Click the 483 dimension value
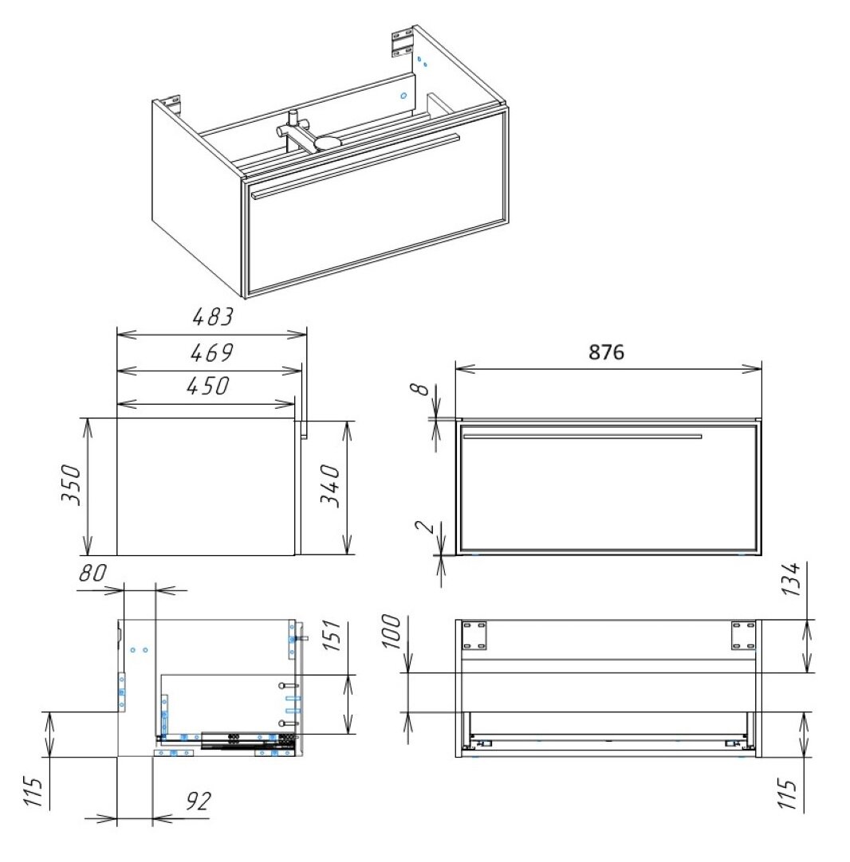[x=213, y=316]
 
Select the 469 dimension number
[x=212, y=352]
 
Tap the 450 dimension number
[x=207, y=386]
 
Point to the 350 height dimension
[x=72, y=485]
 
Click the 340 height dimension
[x=331, y=485]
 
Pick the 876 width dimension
[x=606, y=352]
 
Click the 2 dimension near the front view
[x=424, y=527]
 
